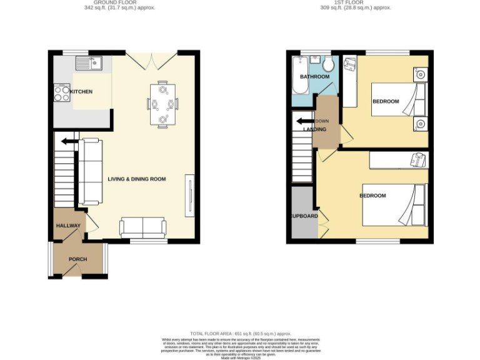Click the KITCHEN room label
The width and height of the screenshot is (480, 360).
81,92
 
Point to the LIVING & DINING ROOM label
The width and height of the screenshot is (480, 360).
137,179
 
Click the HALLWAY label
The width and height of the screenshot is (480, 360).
68,226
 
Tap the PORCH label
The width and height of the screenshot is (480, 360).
77,259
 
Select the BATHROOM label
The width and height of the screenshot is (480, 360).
314,77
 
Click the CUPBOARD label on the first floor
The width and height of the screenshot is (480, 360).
303,217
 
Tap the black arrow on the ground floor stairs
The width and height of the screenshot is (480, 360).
69,142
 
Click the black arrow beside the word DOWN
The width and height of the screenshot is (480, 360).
304,121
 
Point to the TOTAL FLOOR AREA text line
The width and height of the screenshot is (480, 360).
240,334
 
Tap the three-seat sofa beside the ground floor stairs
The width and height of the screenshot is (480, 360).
91,172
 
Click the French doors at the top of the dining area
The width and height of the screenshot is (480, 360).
152,61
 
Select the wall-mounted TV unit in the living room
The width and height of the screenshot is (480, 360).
188,197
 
